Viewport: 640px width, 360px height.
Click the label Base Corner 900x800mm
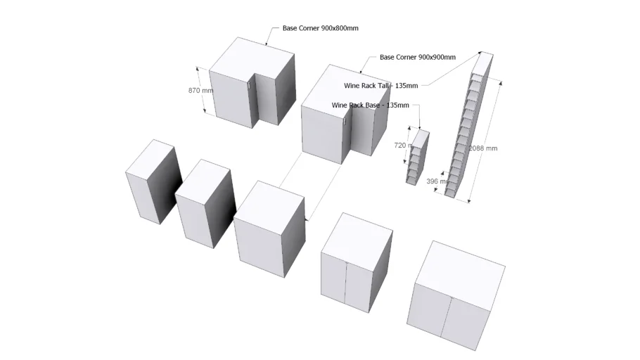coord(321,28)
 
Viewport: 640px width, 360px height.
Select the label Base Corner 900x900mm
coord(417,57)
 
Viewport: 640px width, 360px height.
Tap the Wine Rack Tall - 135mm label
coord(380,86)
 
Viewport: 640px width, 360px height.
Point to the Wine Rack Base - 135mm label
coord(370,105)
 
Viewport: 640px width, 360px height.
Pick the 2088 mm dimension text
coord(483,148)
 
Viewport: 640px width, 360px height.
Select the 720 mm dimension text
coord(401,146)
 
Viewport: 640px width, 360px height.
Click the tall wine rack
coord(468,134)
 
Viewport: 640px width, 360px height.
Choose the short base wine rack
coord(418,157)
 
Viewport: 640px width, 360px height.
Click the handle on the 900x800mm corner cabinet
coord(250,84)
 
